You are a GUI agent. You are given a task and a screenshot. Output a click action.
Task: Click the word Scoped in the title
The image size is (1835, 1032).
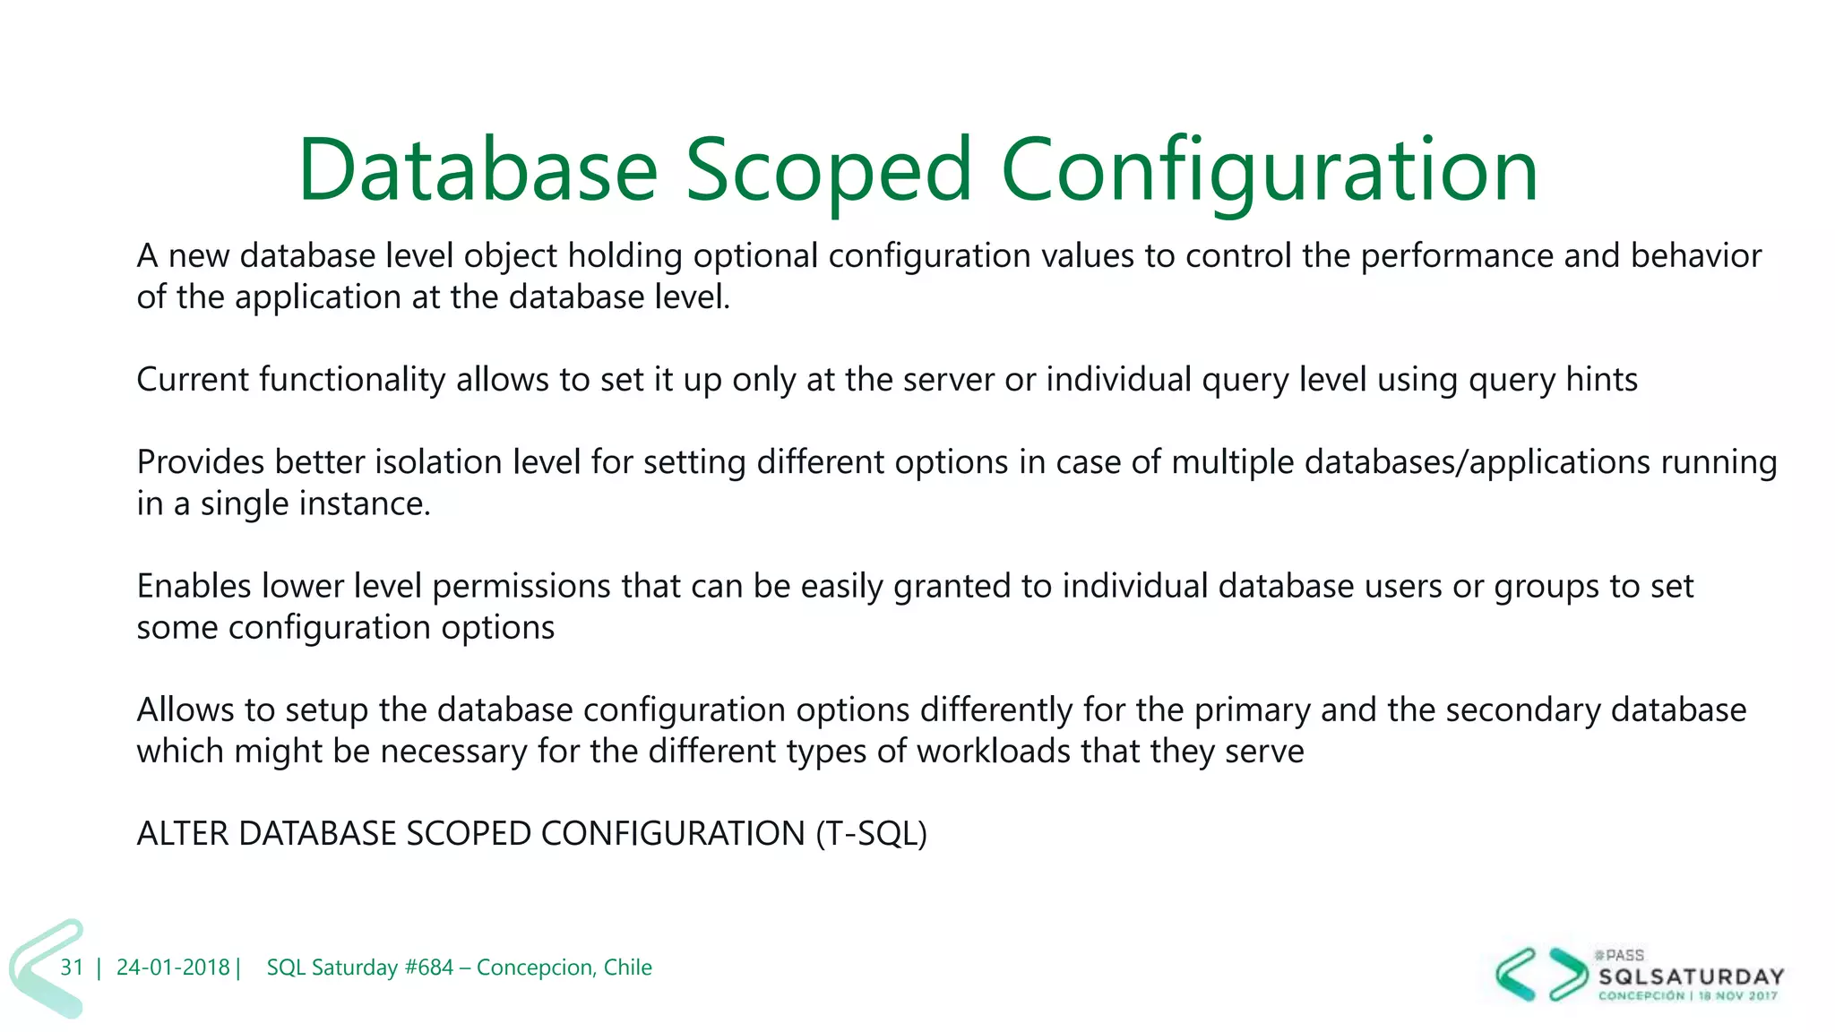click(828, 170)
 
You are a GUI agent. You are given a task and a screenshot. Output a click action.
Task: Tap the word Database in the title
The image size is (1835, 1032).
click(478, 170)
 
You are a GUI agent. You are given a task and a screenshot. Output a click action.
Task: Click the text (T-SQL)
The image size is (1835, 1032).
click(871, 834)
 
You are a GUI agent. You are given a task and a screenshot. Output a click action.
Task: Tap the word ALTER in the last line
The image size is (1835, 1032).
click(183, 834)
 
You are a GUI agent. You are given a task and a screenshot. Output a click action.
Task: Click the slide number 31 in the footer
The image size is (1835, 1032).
click(72, 967)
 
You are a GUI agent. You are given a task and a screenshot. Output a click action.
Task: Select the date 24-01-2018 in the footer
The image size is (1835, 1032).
click(173, 967)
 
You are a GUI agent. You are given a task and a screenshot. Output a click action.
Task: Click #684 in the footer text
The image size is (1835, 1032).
click(429, 967)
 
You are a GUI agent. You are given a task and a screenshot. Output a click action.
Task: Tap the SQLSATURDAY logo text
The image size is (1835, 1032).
click(1691, 976)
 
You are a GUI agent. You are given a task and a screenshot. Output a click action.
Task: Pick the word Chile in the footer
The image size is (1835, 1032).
click(627, 967)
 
